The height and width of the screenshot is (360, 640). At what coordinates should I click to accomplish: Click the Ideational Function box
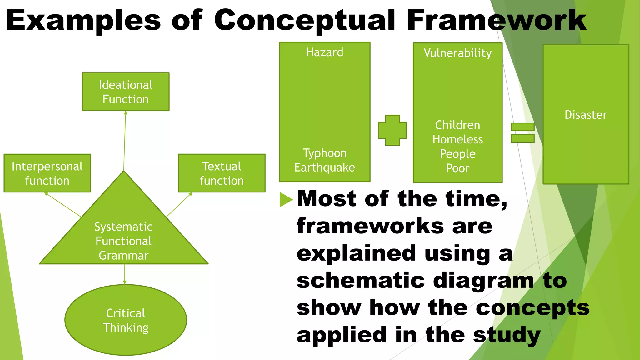coord(126,92)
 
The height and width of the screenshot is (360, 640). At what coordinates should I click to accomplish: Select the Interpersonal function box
coord(47,173)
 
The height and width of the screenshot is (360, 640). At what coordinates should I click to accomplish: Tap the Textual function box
coord(222,173)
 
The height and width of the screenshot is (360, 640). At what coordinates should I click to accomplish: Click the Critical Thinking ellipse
coord(126,320)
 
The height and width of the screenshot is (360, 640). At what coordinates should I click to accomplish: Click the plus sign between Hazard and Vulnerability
coord(392,130)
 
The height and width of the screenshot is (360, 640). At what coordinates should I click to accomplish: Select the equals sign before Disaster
coord(522,132)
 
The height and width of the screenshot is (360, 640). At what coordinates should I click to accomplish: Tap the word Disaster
coord(586,115)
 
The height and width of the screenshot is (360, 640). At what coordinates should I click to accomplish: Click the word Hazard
coord(324,52)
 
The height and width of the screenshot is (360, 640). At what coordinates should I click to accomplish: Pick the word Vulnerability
coord(457,53)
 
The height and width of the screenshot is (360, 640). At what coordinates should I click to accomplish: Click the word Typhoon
coord(324,153)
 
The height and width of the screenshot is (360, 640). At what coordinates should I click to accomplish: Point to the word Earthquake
coord(324,167)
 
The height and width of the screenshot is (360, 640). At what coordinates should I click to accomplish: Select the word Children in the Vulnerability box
coord(457,125)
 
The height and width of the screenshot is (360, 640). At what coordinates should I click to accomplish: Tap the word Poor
coord(457,168)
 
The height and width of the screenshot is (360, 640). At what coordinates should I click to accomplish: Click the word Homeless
coord(457,139)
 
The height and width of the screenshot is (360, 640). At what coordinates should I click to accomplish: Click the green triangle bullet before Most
coord(286,199)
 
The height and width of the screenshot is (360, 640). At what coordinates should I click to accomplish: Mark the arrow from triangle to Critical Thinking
coord(125,274)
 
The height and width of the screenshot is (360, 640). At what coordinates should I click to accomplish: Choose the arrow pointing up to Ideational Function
coord(125,141)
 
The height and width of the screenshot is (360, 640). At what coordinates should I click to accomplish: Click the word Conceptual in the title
coord(305,20)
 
